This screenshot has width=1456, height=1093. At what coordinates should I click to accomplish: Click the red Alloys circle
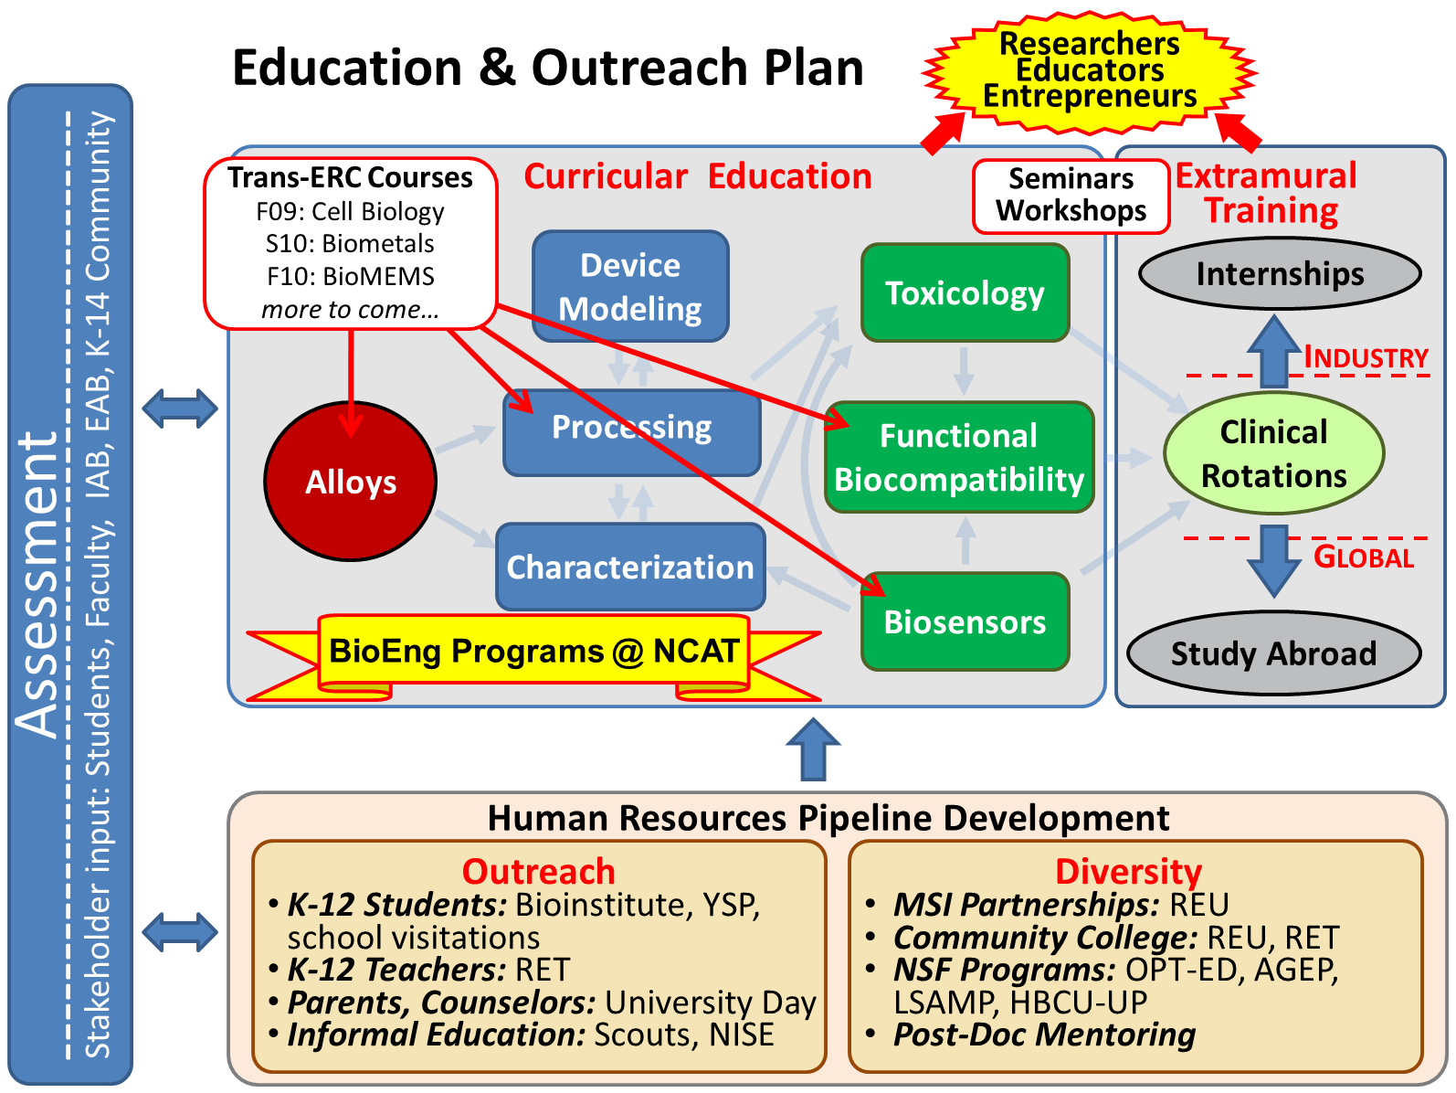pos(350,481)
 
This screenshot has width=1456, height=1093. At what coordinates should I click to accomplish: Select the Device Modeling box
pos(630,286)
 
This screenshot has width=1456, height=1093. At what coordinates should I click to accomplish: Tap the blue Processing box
pos(631,432)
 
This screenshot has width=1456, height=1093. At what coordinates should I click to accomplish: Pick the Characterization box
pos(630,566)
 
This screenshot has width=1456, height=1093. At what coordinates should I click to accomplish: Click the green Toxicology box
pos(965,292)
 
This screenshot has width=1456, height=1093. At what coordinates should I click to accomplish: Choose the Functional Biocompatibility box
pos(958,457)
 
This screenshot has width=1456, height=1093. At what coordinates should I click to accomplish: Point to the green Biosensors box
pos(965,621)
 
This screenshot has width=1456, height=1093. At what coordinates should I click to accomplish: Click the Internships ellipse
pos(1280,273)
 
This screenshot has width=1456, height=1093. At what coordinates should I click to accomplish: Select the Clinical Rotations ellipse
pos(1273,453)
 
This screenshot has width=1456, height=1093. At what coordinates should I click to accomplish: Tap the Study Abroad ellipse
pos(1273,653)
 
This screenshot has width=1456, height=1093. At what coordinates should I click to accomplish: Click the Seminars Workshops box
pos(1071,196)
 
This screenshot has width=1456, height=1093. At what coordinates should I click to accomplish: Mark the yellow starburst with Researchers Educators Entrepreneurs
pos(1089,70)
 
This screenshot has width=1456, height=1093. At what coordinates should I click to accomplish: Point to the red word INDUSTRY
pos(1366,357)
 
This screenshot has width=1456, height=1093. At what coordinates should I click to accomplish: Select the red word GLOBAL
pos(1363,557)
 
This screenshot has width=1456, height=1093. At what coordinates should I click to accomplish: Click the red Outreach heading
pos(539,871)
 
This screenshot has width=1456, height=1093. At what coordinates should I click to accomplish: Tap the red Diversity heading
pos(1128,871)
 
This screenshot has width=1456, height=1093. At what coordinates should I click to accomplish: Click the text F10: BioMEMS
pos(350,276)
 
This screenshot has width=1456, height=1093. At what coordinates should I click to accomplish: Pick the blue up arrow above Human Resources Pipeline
pos(813,748)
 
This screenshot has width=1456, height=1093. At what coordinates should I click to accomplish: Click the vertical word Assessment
pos(38,585)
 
